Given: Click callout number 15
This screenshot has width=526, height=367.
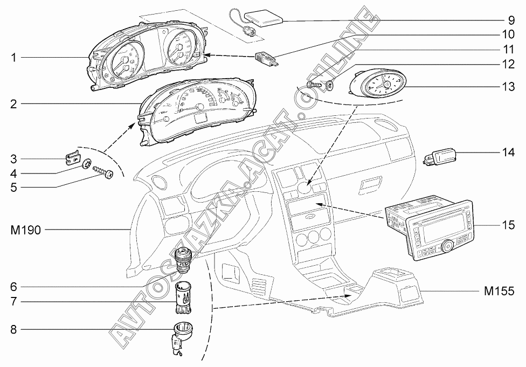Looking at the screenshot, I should click(509, 225).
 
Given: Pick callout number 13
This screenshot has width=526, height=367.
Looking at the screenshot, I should click(509, 87).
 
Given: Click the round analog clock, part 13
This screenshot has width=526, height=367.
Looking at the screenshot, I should click(379, 85).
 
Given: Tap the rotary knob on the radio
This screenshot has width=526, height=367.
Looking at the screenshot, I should click(447, 247).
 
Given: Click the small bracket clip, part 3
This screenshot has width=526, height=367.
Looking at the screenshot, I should click(69, 159).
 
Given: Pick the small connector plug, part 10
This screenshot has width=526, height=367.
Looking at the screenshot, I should click(265, 58).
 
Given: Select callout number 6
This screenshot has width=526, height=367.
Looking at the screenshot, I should click(13, 287).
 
